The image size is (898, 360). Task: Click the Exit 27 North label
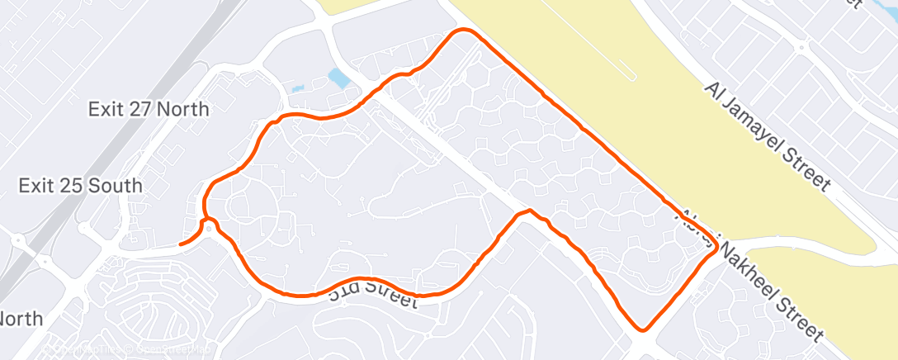pos(149,109)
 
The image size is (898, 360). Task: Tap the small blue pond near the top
pos(338,78)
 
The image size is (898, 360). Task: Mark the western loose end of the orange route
pos(181,244)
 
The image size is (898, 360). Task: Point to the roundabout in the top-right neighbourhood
pos(801,49)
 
